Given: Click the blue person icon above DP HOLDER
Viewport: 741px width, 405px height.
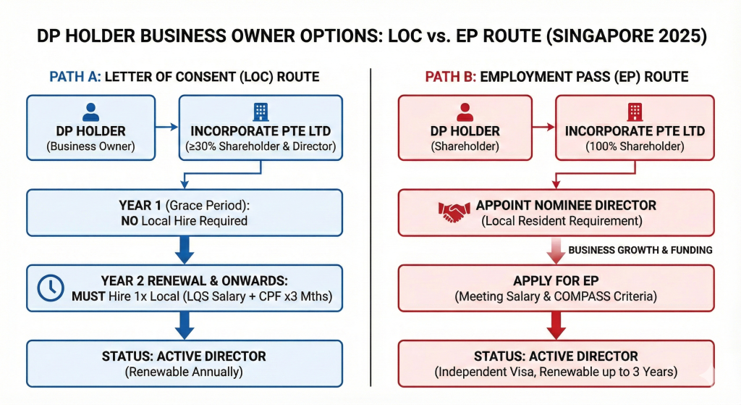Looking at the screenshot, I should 90,112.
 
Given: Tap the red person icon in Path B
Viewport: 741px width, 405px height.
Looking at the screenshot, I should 466,112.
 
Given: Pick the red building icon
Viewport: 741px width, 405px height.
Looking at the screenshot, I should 635,112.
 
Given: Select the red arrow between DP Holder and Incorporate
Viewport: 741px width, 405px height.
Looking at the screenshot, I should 543,128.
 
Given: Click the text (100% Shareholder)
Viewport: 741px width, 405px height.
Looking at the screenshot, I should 635,146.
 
